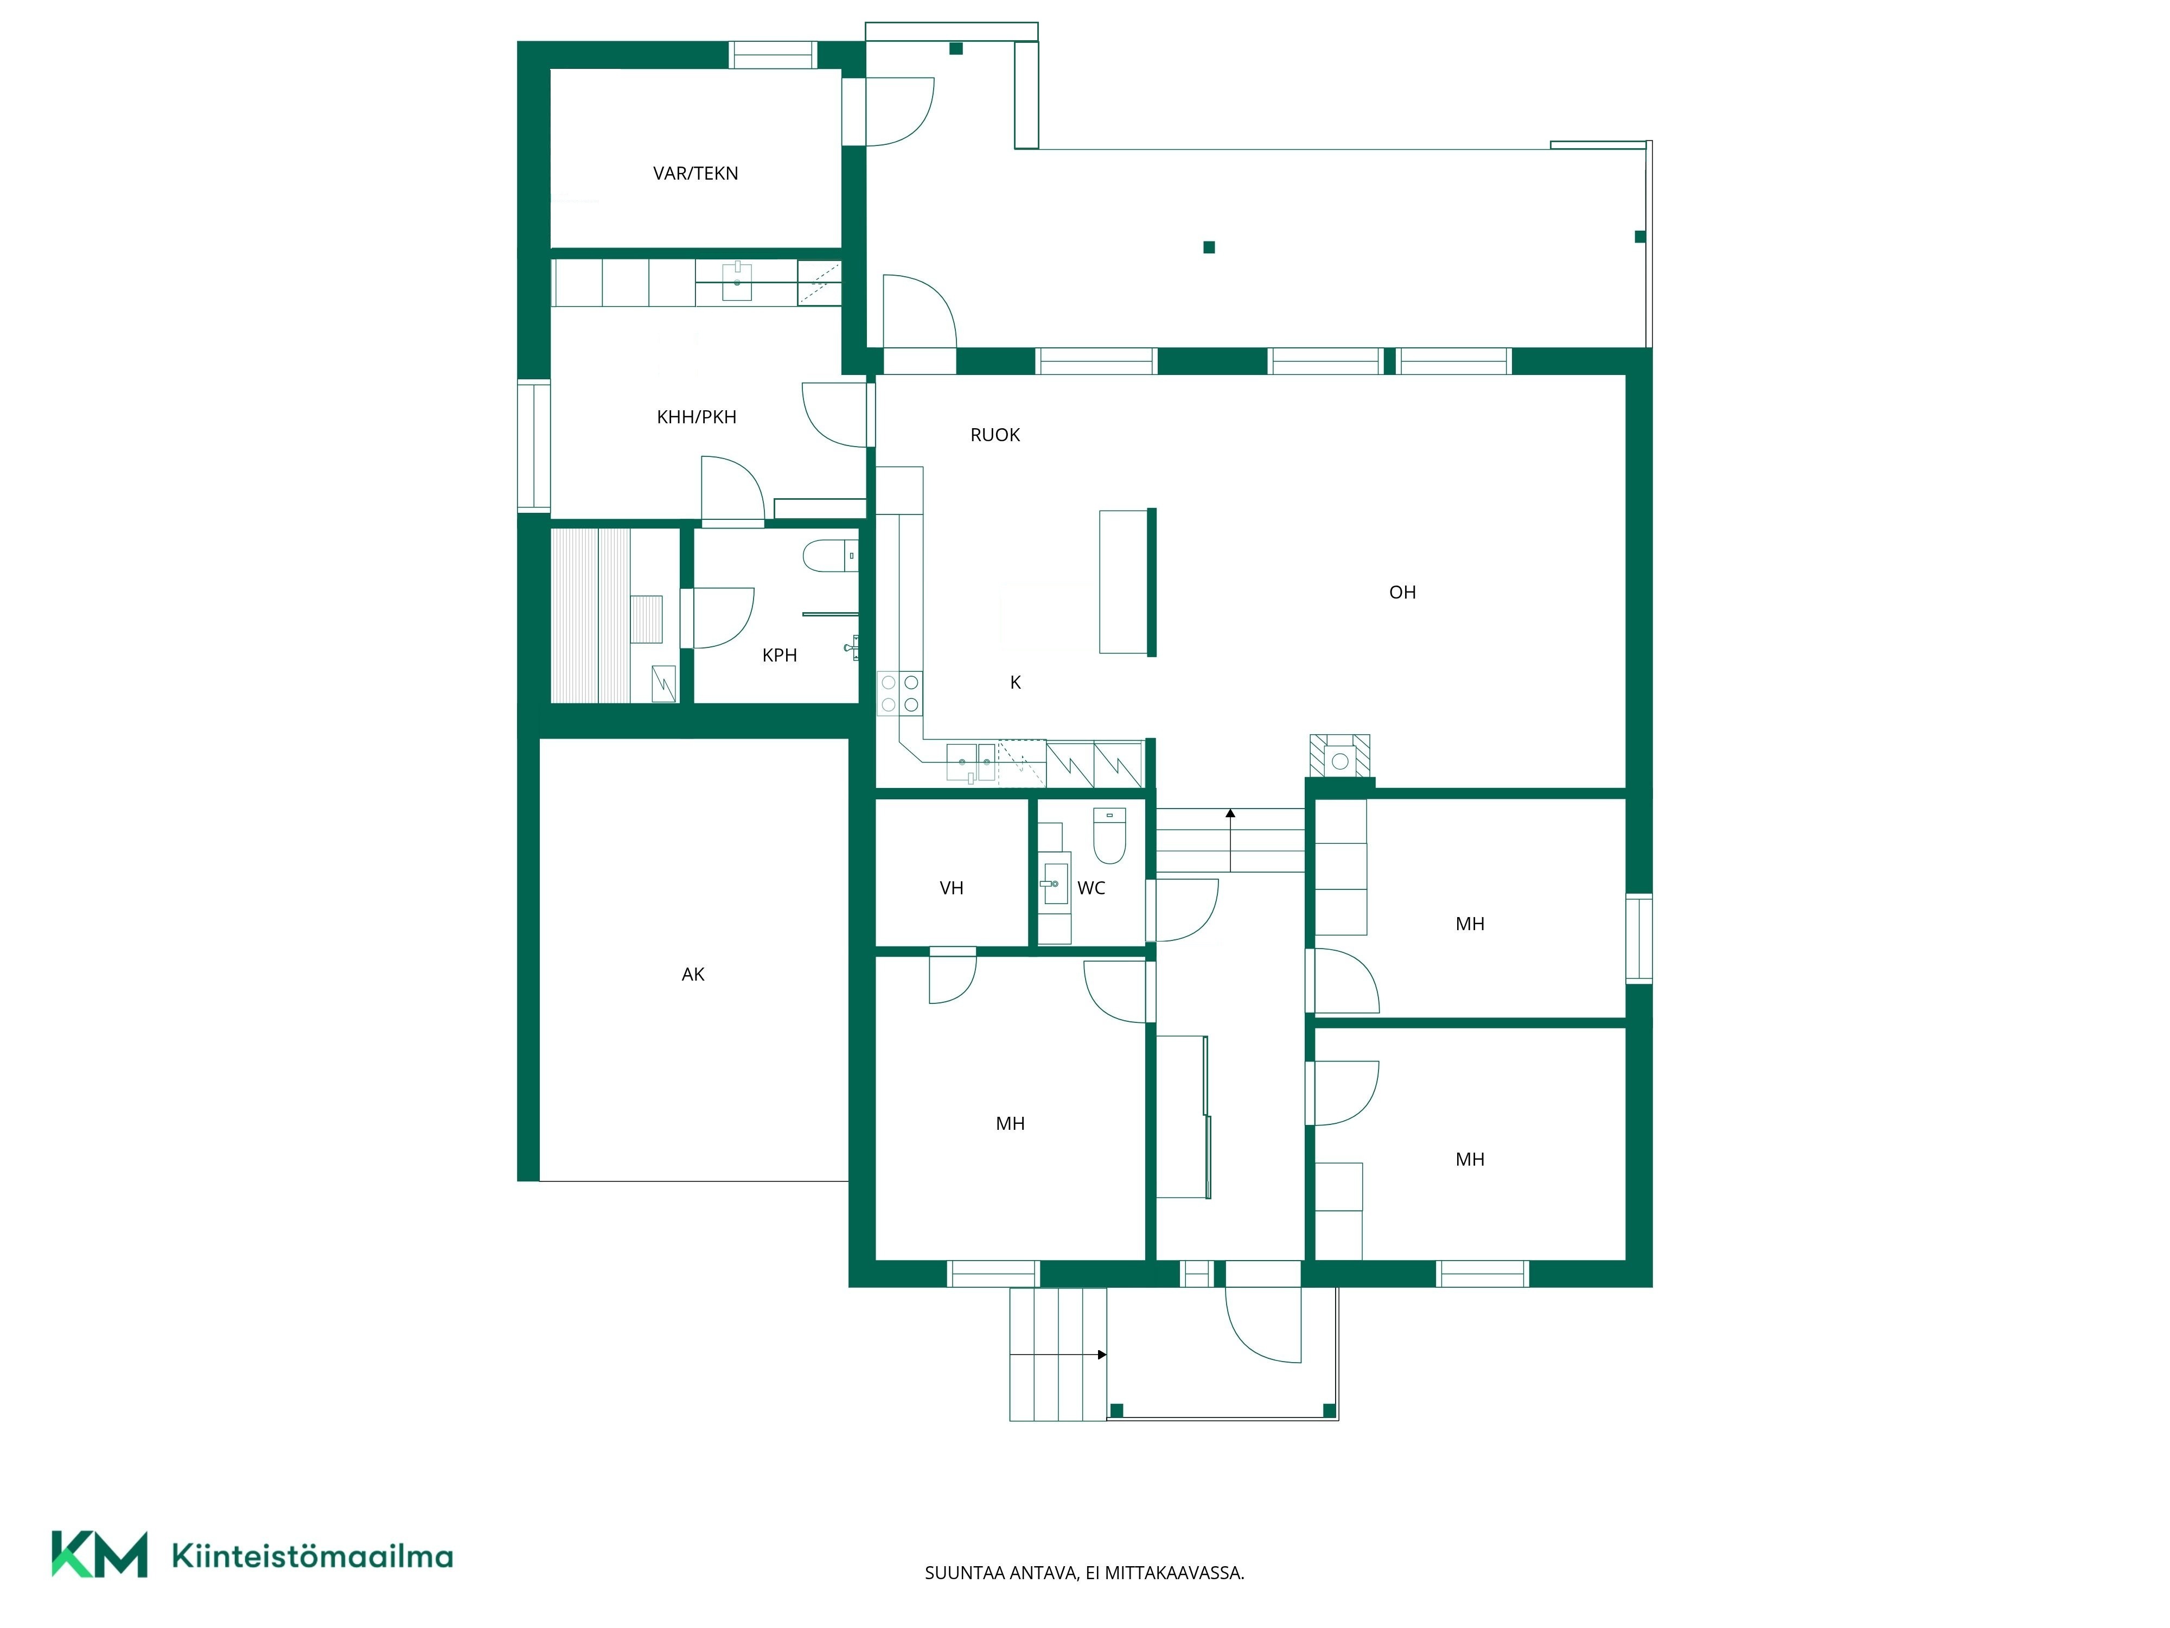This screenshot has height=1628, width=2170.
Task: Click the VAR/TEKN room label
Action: [695, 174]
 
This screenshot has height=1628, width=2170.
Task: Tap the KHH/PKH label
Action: [697, 417]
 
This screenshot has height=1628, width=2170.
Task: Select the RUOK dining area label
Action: [995, 435]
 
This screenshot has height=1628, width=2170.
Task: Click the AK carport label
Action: [693, 975]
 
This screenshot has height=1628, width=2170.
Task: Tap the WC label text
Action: [1091, 888]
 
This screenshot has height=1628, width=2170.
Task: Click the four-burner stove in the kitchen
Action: [899, 693]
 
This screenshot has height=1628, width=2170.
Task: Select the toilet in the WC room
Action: [1109, 835]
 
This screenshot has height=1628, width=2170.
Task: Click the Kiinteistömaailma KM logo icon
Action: [99, 1554]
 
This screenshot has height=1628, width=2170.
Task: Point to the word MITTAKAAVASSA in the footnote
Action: [1175, 1573]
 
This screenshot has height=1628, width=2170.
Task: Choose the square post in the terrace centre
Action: [1209, 247]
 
